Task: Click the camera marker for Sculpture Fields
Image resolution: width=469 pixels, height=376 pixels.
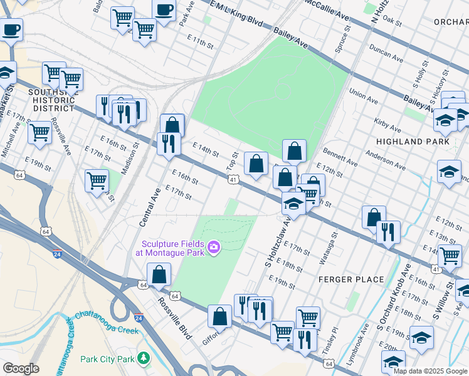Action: tap(214, 248)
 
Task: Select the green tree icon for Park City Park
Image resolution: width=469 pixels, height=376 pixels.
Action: tap(144, 358)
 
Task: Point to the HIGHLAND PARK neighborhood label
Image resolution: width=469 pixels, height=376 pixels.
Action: tap(413, 142)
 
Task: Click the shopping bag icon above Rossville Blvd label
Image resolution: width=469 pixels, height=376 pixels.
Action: tap(159, 274)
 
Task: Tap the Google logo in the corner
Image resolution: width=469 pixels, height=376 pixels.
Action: tap(21, 368)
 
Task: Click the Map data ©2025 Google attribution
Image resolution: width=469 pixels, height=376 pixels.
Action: tap(429, 371)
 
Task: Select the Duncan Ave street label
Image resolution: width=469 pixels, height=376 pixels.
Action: tap(386, 56)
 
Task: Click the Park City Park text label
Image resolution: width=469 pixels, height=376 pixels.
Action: tap(108, 359)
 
